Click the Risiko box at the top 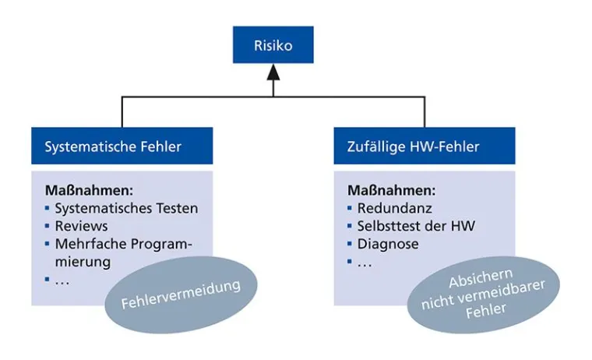click(x=273, y=45)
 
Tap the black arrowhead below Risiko click(x=273, y=75)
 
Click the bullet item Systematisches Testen click(x=125, y=208)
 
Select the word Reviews click(x=76, y=226)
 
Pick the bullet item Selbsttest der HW click(x=415, y=226)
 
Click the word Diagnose click(x=388, y=244)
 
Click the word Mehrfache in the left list click(x=85, y=244)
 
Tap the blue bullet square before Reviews click(x=47, y=226)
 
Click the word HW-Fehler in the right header click(x=446, y=146)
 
